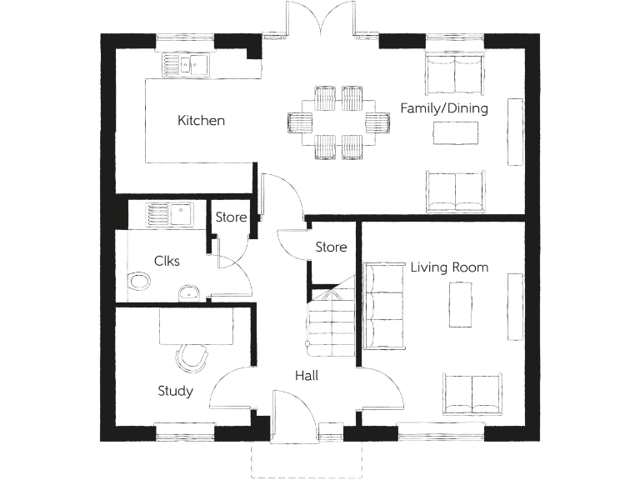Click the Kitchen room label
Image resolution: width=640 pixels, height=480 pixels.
pos(201,121)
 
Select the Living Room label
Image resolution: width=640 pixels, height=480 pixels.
pos(449,267)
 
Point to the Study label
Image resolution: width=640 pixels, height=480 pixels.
pos(175,391)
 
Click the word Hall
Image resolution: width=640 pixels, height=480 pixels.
pos(306,376)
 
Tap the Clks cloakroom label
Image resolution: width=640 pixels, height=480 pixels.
pos(167,261)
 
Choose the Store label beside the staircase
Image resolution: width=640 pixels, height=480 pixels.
pos(331,247)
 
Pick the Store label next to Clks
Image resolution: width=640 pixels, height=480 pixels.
pos(231,217)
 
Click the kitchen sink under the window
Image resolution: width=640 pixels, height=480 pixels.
pos(187,64)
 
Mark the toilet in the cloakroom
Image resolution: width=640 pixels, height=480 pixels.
pos(139,282)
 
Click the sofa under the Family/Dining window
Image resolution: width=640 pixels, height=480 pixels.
pos(455,74)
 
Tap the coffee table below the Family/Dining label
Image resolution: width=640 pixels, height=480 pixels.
pos(455,132)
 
